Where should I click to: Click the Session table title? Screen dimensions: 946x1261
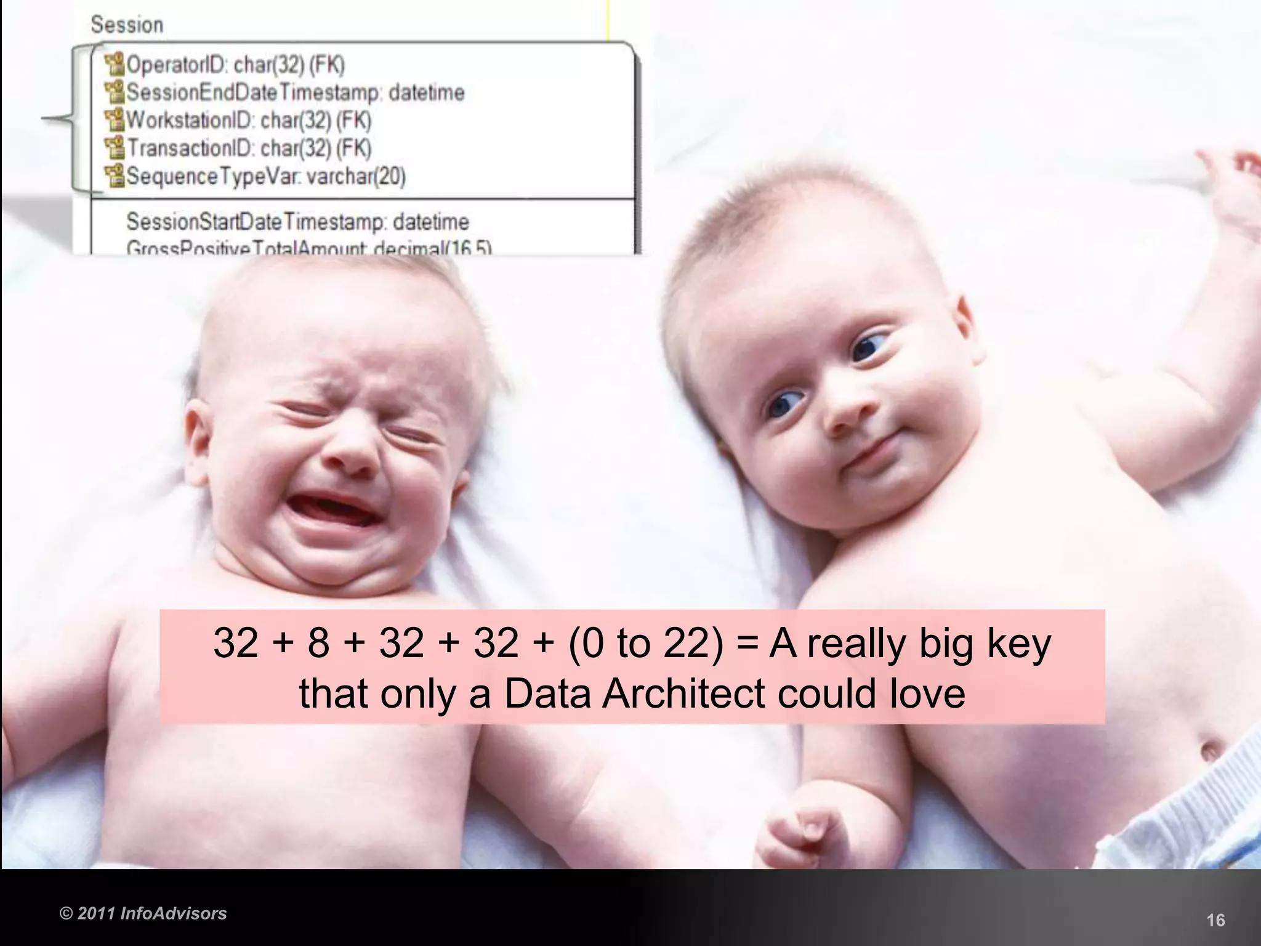click(127, 25)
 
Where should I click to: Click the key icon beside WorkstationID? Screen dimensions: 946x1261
click(114, 119)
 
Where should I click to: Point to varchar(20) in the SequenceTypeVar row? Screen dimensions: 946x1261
click(356, 177)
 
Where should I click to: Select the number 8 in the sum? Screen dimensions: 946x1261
click(318, 643)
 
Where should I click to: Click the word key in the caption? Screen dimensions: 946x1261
click(1020, 644)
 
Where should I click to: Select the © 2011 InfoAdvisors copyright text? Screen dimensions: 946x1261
click(143, 913)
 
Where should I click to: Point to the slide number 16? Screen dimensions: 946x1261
click(1215, 920)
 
